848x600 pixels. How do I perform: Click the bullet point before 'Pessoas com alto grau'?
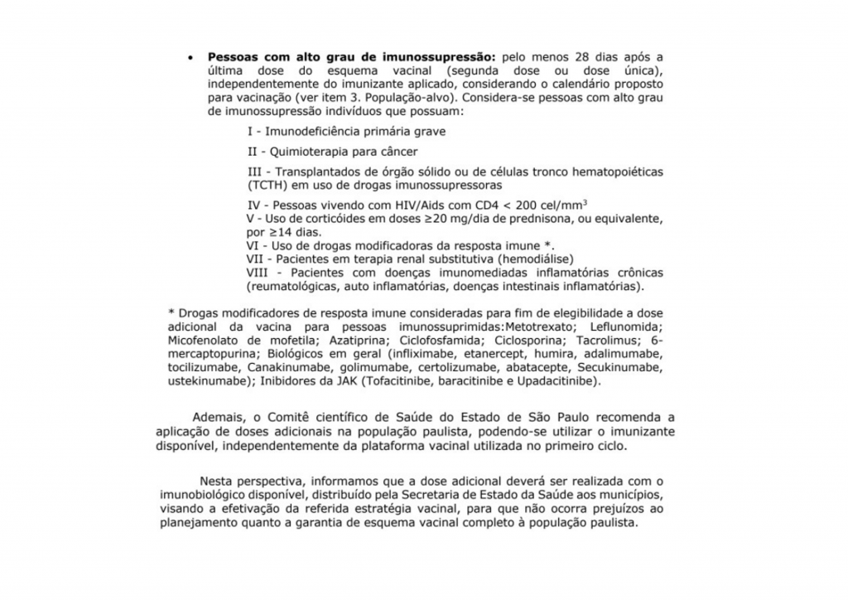pyautogui.click(x=190, y=58)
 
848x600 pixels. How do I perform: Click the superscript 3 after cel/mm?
pyautogui.click(x=585, y=201)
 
